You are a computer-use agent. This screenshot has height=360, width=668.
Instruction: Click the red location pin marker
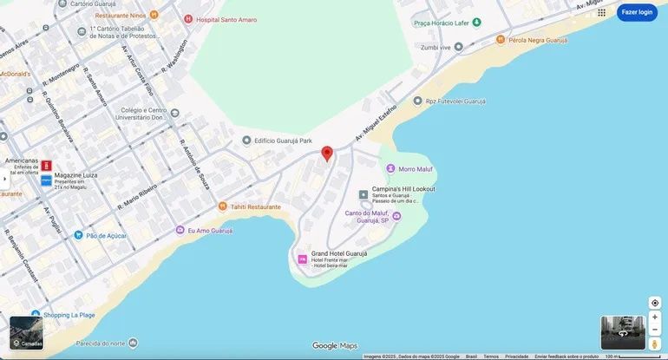pos(327,154)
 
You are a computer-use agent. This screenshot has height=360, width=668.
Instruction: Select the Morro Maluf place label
pos(415,169)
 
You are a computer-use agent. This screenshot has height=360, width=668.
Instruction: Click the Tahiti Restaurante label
pos(255,206)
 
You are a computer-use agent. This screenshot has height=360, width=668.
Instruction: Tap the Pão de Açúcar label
pos(106,235)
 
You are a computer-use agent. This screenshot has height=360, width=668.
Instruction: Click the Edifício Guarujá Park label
pos(282,141)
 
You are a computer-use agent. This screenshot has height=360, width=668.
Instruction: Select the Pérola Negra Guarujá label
pos(538,39)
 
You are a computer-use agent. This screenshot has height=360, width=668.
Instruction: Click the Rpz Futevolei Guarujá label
pos(455,101)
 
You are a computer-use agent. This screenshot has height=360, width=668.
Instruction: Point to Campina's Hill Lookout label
pos(403,189)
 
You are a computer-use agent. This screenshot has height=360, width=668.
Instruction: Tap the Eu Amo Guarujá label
pos(210,231)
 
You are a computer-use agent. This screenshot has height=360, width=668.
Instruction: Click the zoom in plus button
pos(655,317)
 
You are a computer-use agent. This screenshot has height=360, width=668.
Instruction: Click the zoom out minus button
pos(655,330)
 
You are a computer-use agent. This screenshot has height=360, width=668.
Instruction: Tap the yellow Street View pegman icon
pos(655,344)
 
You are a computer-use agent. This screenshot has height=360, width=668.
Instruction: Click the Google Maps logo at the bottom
pos(334,346)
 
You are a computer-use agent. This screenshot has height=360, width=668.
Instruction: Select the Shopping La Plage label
pos(69,314)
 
